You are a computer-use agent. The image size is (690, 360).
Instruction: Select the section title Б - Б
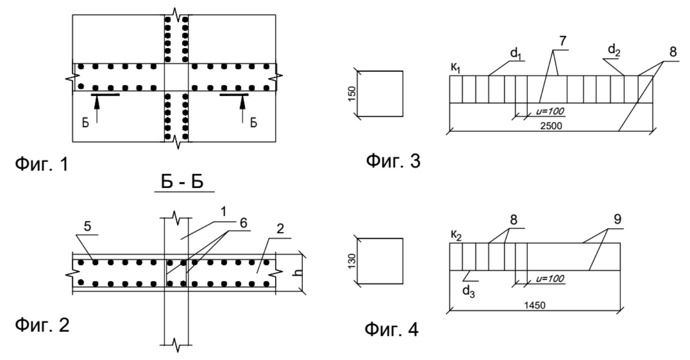[x=184, y=183]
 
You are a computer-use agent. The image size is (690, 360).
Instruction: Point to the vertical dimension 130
[x=350, y=261]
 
